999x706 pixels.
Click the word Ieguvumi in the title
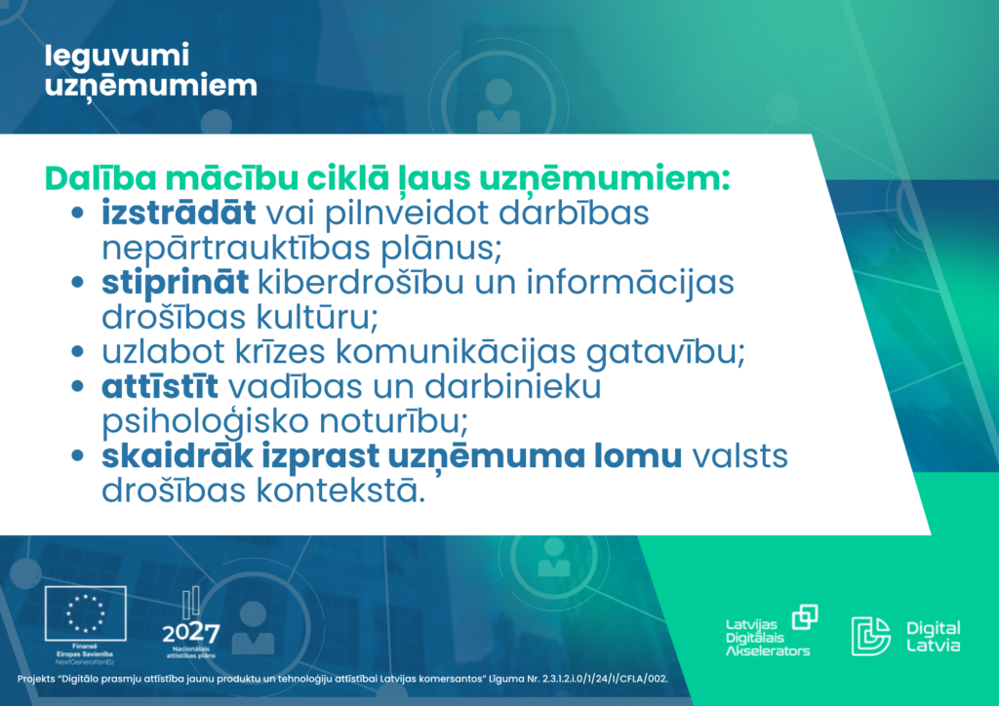[117, 56]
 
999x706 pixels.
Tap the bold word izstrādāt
[180, 212]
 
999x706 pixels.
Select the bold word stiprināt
[176, 284]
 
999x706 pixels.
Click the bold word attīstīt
[160, 386]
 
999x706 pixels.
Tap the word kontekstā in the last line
[340, 490]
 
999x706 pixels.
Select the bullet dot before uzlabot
[78, 351]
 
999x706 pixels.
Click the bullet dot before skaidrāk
[78, 455]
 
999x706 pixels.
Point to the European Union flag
[86, 613]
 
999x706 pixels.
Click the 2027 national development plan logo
[190, 622]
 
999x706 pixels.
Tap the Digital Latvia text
[934, 636]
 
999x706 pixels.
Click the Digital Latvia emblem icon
[871, 636]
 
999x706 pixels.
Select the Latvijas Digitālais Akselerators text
[767, 637]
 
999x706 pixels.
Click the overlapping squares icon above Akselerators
[805, 617]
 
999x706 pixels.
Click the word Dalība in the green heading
[100, 177]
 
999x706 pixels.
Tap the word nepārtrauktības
[236, 248]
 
